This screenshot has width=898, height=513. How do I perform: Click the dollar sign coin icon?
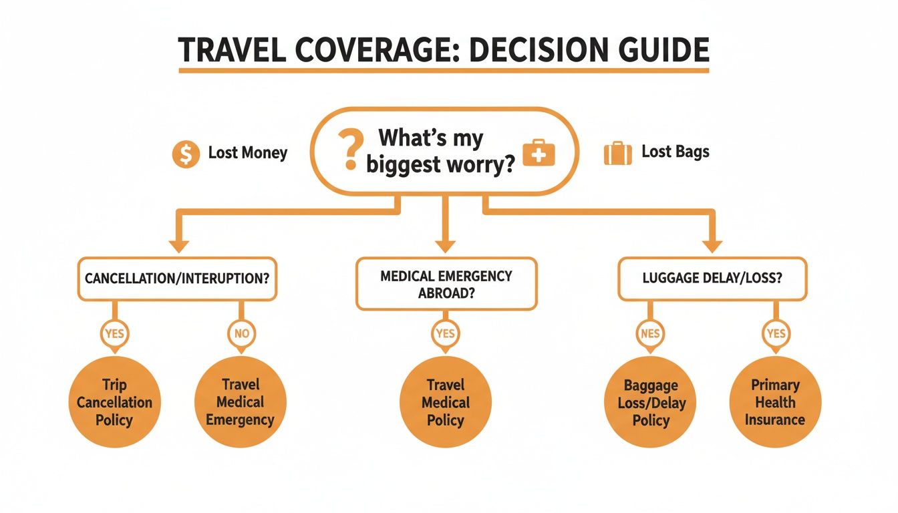point(186,154)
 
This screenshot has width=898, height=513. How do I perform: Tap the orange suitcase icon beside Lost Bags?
point(617,153)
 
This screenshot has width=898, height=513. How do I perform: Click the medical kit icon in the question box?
point(539,153)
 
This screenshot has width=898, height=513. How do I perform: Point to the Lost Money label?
point(247,153)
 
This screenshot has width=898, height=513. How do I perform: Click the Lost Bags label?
point(675,152)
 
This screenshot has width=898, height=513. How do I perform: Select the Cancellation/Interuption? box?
point(178,279)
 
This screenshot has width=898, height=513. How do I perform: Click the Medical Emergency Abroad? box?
point(446,284)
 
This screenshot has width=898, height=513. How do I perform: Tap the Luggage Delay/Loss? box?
point(712,279)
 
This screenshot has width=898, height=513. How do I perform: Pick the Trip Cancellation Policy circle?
point(115,402)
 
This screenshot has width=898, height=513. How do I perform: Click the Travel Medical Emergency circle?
point(240,402)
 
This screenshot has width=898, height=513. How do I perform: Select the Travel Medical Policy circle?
point(446,402)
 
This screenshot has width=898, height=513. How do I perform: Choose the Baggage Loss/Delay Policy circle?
point(651,403)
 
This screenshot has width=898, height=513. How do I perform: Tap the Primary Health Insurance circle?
point(775,402)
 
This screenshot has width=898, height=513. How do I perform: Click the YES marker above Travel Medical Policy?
point(446,332)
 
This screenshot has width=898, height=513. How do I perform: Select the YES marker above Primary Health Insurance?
point(776,332)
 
